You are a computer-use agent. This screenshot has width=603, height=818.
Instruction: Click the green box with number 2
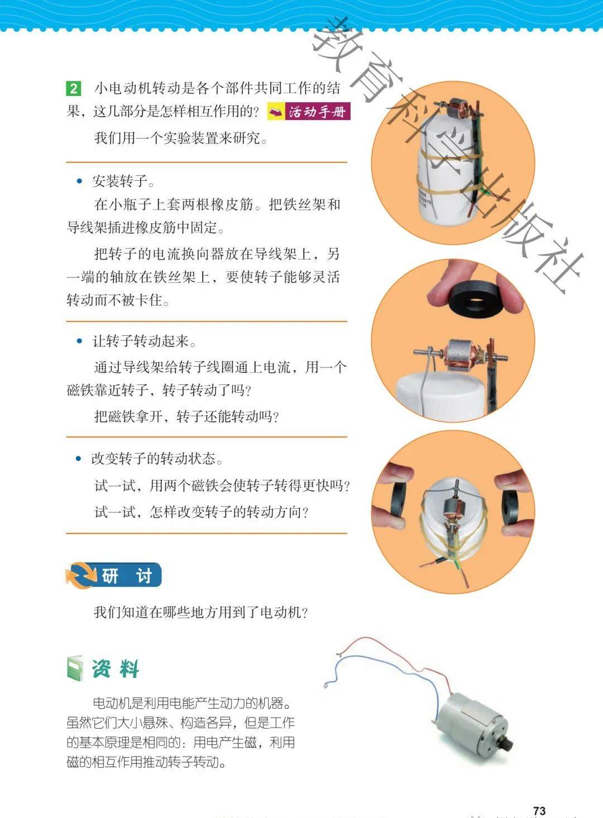73,89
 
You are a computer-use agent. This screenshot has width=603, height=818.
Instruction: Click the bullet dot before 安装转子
79,181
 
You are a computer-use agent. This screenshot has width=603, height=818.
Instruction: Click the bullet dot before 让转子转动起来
79,341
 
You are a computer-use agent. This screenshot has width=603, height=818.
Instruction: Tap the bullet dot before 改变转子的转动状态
78,459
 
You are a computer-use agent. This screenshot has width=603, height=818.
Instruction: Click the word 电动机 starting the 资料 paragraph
108,702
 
